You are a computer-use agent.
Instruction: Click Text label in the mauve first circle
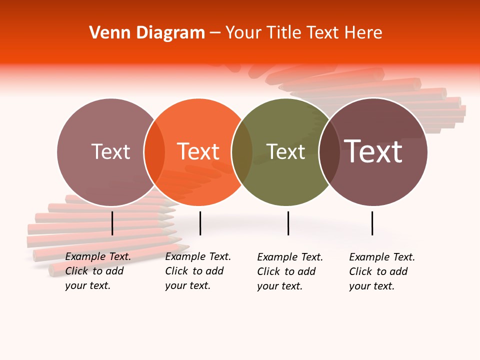pos(110,151)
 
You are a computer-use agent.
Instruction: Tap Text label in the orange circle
pos(198,151)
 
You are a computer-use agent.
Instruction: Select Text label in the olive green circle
pos(285,151)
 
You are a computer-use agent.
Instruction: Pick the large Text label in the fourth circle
pos(373,151)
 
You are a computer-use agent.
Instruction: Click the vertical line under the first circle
pos(112,223)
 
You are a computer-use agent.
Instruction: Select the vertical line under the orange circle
pos(200,223)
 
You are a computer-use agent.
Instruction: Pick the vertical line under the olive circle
pos(288,223)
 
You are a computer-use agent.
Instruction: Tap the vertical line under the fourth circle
pos(372,223)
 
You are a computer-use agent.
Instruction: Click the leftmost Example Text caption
pos(97,271)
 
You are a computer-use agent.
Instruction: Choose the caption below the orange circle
pos(197,271)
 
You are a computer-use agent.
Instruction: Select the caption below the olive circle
pos(289,271)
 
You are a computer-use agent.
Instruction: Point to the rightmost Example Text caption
pos(381,271)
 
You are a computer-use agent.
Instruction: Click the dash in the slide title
pos(215,33)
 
